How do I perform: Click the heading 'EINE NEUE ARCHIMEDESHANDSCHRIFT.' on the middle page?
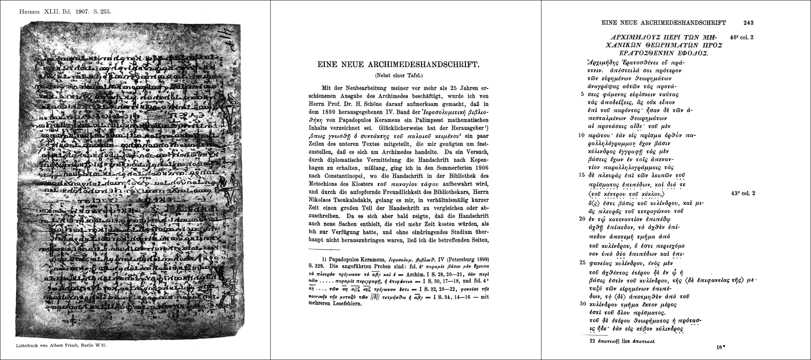click(398, 65)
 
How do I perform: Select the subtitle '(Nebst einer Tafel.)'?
click(398, 76)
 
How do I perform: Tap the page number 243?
click(748, 23)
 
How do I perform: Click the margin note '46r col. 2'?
click(742, 38)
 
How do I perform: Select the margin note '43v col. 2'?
click(743, 193)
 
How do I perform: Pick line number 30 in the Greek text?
click(583, 304)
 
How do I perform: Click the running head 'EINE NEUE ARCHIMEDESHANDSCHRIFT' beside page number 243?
click(664, 23)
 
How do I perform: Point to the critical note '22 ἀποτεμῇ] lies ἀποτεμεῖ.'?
click(622, 342)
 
